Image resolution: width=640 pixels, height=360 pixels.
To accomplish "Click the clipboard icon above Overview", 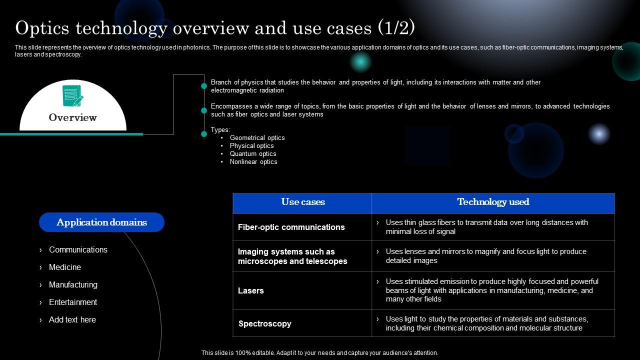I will (72, 95).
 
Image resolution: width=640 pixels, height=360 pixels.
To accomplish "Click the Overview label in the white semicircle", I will (72, 117).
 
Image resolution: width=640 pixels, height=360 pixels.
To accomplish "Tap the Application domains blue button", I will (101, 222).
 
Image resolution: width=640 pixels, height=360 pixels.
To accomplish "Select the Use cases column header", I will (302, 202).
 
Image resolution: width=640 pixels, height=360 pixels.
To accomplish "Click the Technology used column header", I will (493, 202).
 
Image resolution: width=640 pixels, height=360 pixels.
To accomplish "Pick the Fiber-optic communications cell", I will (291, 227).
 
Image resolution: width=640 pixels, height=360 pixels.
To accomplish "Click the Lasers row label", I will (251, 290).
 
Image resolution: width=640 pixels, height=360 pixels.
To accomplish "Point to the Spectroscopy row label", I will (265, 323).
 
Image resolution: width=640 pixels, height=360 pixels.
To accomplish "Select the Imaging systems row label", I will (292, 256).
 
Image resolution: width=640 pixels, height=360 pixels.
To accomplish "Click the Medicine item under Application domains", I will (65, 267).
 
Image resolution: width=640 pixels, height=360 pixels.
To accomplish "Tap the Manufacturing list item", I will (73, 284).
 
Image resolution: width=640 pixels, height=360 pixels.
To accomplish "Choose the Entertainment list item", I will (73, 302).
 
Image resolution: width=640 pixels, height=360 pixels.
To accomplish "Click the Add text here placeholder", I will (72, 319).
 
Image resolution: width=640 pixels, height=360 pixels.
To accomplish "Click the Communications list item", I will (78, 249).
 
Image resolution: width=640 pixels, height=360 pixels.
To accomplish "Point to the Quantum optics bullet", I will (253, 153).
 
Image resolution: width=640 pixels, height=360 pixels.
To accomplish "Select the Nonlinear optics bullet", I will (253, 161).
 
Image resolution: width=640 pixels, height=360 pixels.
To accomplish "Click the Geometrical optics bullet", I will (257, 137).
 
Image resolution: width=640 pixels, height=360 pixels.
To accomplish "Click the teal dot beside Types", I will (204, 134).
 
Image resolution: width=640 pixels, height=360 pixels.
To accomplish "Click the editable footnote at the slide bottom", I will (320, 353).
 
